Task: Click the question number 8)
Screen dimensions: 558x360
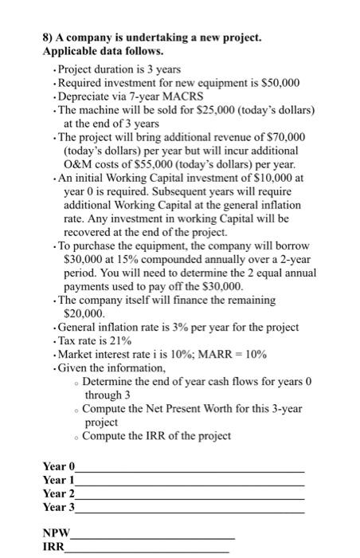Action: point(48,37)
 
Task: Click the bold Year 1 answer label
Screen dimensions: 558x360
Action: point(58,479)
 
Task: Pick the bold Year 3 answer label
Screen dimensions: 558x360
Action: point(58,507)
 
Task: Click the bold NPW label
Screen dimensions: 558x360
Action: point(57,533)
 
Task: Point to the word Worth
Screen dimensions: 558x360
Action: point(213,409)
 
